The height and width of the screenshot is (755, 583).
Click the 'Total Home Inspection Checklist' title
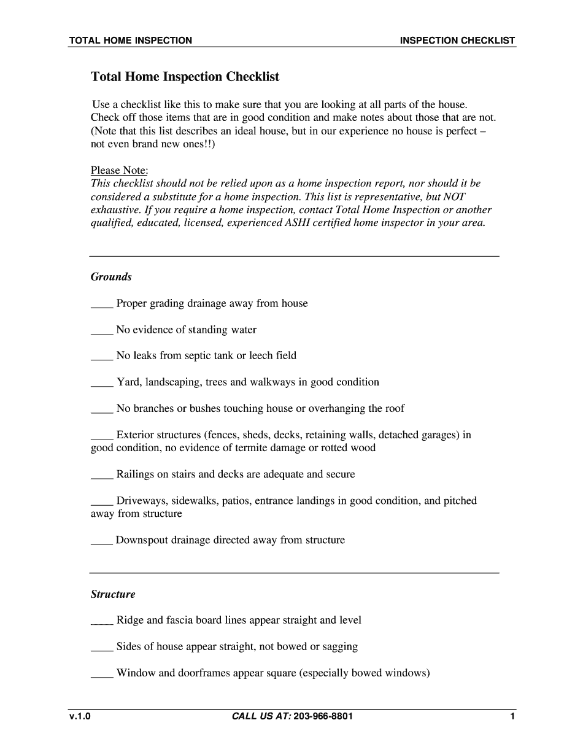coord(185,77)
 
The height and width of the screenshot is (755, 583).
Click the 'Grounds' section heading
coord(111,277)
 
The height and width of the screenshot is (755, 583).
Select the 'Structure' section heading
coord(113,594)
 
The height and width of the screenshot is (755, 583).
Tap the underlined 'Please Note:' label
coord(119,170)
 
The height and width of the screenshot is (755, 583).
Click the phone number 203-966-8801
coord(323,716)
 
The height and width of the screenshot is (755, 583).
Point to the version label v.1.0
coord(79,716)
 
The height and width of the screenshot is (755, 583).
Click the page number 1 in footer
coord(512,716)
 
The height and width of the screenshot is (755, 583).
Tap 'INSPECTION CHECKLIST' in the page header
coord(457,41)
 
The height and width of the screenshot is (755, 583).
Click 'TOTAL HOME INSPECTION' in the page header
coord(130,41)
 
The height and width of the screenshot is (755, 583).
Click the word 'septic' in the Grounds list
coord(198,356)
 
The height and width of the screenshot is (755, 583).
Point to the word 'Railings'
coord(135,474)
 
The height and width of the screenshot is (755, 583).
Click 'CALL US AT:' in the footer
coord(261,716)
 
